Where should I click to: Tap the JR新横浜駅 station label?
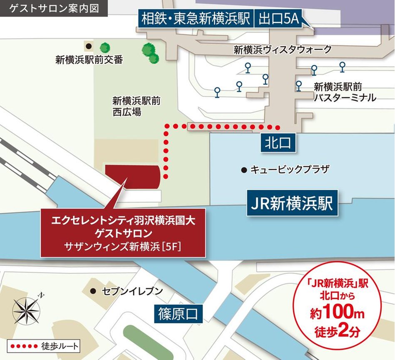pyautogui.click(x=291, y=203)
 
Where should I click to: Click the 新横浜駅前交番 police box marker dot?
pyautogui.click(x=88, y=45)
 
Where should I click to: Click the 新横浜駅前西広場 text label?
pyautogui.click(x=132, y=106)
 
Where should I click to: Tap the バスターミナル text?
pyautogui.click(x=345, y=98)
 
